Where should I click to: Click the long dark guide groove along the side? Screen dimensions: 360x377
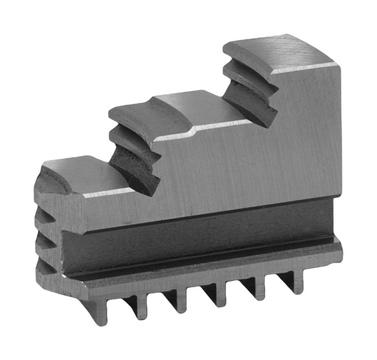(198, 236)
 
